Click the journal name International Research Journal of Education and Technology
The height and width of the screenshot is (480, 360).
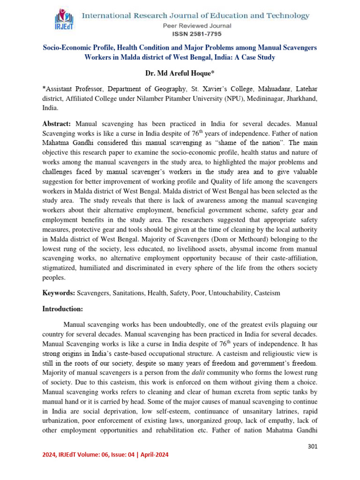196,15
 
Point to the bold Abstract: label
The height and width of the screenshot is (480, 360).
57,124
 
